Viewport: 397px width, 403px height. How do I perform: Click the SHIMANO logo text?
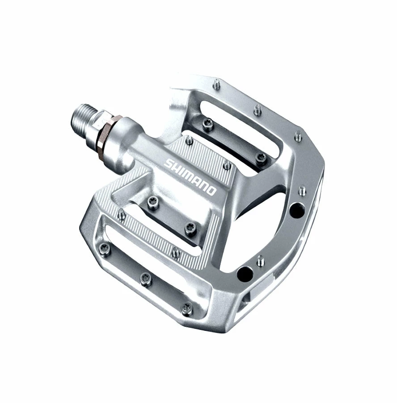(x=190, y=176)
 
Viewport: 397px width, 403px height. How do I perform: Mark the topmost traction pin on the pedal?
(x=217, y=83)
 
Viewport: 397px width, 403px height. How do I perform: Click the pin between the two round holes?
(x=260, y=261)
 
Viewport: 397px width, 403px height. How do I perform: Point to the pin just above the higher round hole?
(x=302, y=190)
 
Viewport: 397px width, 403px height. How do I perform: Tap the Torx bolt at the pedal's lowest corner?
(x=186, y=308)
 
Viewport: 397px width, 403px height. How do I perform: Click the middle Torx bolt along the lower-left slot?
(x=145, y=279)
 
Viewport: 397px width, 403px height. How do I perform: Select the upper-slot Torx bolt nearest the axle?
(x=207, y=124)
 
